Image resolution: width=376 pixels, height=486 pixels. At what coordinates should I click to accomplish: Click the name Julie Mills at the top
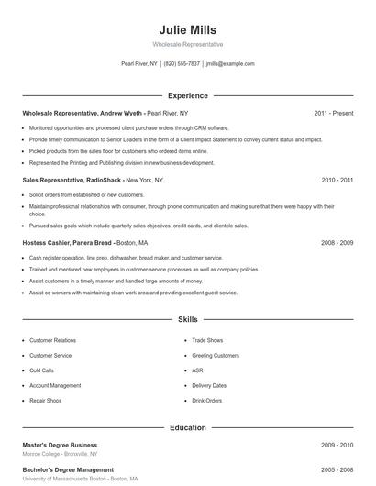point(187,29)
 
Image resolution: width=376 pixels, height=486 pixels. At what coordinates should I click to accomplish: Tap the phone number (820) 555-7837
point(182,64)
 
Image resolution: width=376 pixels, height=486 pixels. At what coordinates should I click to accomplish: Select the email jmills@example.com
point(230,64)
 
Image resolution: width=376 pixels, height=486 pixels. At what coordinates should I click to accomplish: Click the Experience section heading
point(187,95)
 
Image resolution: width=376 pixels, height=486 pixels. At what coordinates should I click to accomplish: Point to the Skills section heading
point(187,320)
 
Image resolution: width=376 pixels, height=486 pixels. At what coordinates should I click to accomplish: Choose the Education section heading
point(187,427)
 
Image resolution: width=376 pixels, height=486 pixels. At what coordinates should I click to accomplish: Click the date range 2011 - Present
point(333,113)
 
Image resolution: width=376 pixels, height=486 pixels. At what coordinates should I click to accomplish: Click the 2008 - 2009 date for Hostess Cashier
point(337,243)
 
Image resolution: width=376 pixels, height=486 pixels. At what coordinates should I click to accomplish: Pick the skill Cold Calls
point(42,370)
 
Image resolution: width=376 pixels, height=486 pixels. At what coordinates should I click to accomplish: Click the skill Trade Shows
point(207,340)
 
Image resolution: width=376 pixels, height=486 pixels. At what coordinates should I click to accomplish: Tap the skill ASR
point(197,370)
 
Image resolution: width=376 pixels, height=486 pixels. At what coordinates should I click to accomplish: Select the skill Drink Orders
point(207,401)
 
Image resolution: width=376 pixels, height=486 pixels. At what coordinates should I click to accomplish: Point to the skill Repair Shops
point(46,401)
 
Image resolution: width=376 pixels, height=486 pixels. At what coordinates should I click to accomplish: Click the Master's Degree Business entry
point(60,445)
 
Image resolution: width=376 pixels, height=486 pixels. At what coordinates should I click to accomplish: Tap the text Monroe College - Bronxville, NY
point(60,454)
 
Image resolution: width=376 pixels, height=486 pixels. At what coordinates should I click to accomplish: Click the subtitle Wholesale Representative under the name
point(187,44)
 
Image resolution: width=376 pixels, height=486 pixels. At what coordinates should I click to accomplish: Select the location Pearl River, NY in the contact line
point(139,64)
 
